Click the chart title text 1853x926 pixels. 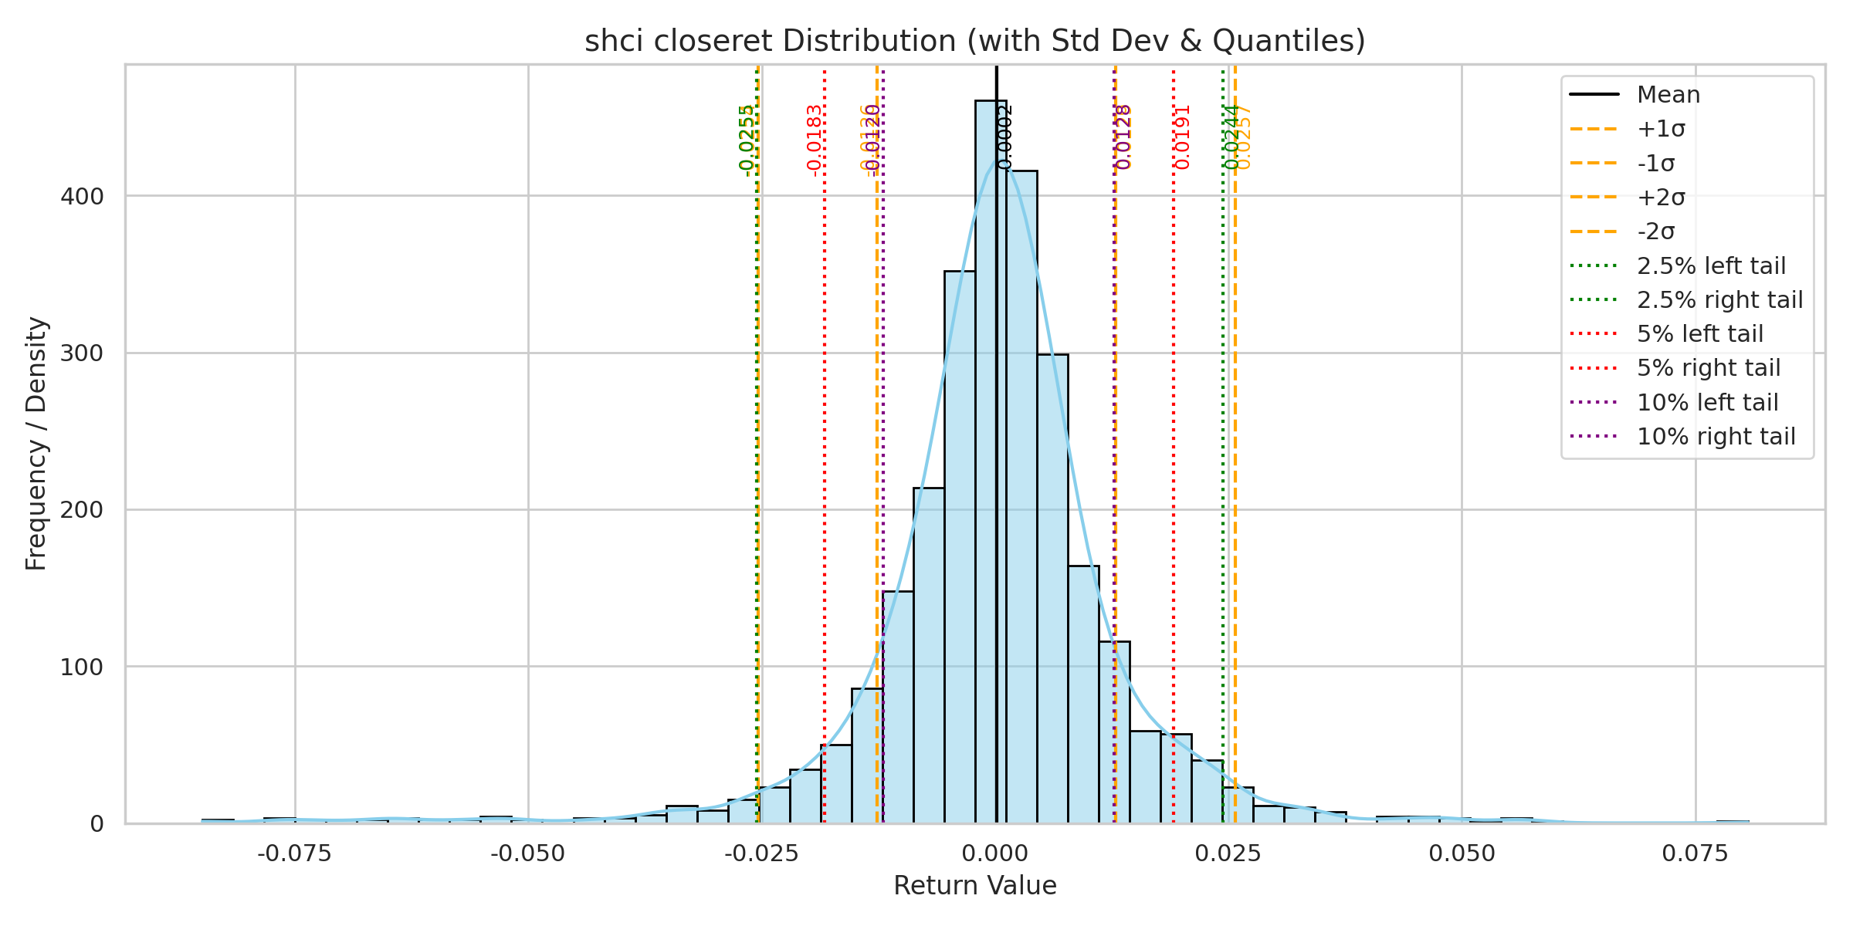(x=974, y=41)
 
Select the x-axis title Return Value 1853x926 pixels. (x=974, y=885)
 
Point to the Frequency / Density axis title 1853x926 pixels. (x=36, y=444)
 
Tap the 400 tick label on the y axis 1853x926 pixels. (x=82, y=197)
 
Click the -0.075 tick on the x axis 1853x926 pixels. (x=294, y=853)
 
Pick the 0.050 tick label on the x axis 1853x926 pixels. (x=1462, y=853)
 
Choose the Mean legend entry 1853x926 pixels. (x=1668, y=95)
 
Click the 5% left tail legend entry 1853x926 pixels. (x=1699, y=334)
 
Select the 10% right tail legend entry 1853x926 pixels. (x=1716, y=437)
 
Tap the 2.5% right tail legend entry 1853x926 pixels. (x=1719, y=300)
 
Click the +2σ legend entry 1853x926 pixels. (x=1661, y=198)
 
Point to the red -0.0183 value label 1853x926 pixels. (x=814, y=140)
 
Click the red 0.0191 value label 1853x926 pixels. (x=1183, y=137)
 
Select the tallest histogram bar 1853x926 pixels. (x=991, y=463)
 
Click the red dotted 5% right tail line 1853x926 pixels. (x=1174, y=463)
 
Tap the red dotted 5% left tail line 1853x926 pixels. (x=825, y=463)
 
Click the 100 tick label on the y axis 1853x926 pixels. (x=82, y=667)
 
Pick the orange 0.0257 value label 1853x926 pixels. (x=1244, y=137)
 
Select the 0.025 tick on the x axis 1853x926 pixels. (x=1228, y=853)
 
